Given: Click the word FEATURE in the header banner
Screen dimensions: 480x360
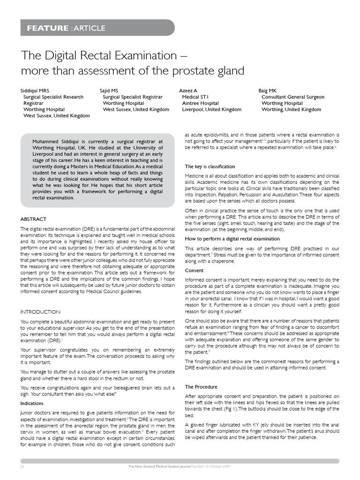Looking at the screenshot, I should (47, 28).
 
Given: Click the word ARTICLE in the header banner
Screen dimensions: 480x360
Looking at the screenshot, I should (89, 28).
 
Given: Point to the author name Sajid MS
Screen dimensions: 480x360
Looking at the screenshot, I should (109, 90).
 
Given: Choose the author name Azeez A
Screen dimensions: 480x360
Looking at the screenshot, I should (188, 90).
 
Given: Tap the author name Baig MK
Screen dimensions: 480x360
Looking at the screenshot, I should (268, 90).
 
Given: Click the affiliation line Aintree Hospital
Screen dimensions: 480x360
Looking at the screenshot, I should (200, 103).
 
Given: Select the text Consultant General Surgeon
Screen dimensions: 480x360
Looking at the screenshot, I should (292, 97).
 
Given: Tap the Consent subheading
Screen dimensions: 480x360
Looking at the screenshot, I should (194, 270).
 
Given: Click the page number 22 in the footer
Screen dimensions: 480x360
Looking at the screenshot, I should (22, 467).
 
